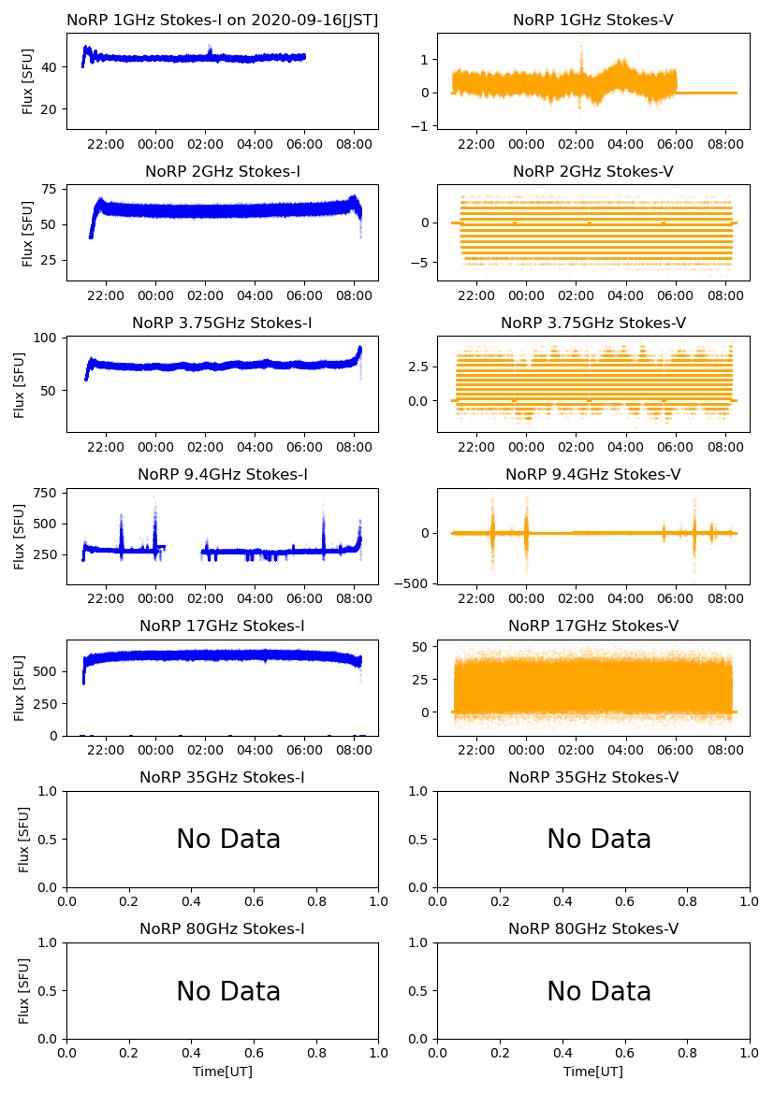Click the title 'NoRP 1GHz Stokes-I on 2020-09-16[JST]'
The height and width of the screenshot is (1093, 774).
[x=223, y=20]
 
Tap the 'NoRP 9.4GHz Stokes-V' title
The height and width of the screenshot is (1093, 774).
[x=593, y=474]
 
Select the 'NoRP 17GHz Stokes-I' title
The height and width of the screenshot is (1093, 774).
[x=223, y=626]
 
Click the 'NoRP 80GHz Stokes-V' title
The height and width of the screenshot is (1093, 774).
[x=593, y=928]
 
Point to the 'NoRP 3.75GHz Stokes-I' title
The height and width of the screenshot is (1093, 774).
[x=223, y=323]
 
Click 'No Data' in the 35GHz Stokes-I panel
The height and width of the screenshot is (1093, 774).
[x=228, y=840]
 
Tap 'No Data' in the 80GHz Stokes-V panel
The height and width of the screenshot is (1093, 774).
[x=599, y=991]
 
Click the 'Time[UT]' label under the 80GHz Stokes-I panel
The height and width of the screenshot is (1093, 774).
[x=223, y=1071]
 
